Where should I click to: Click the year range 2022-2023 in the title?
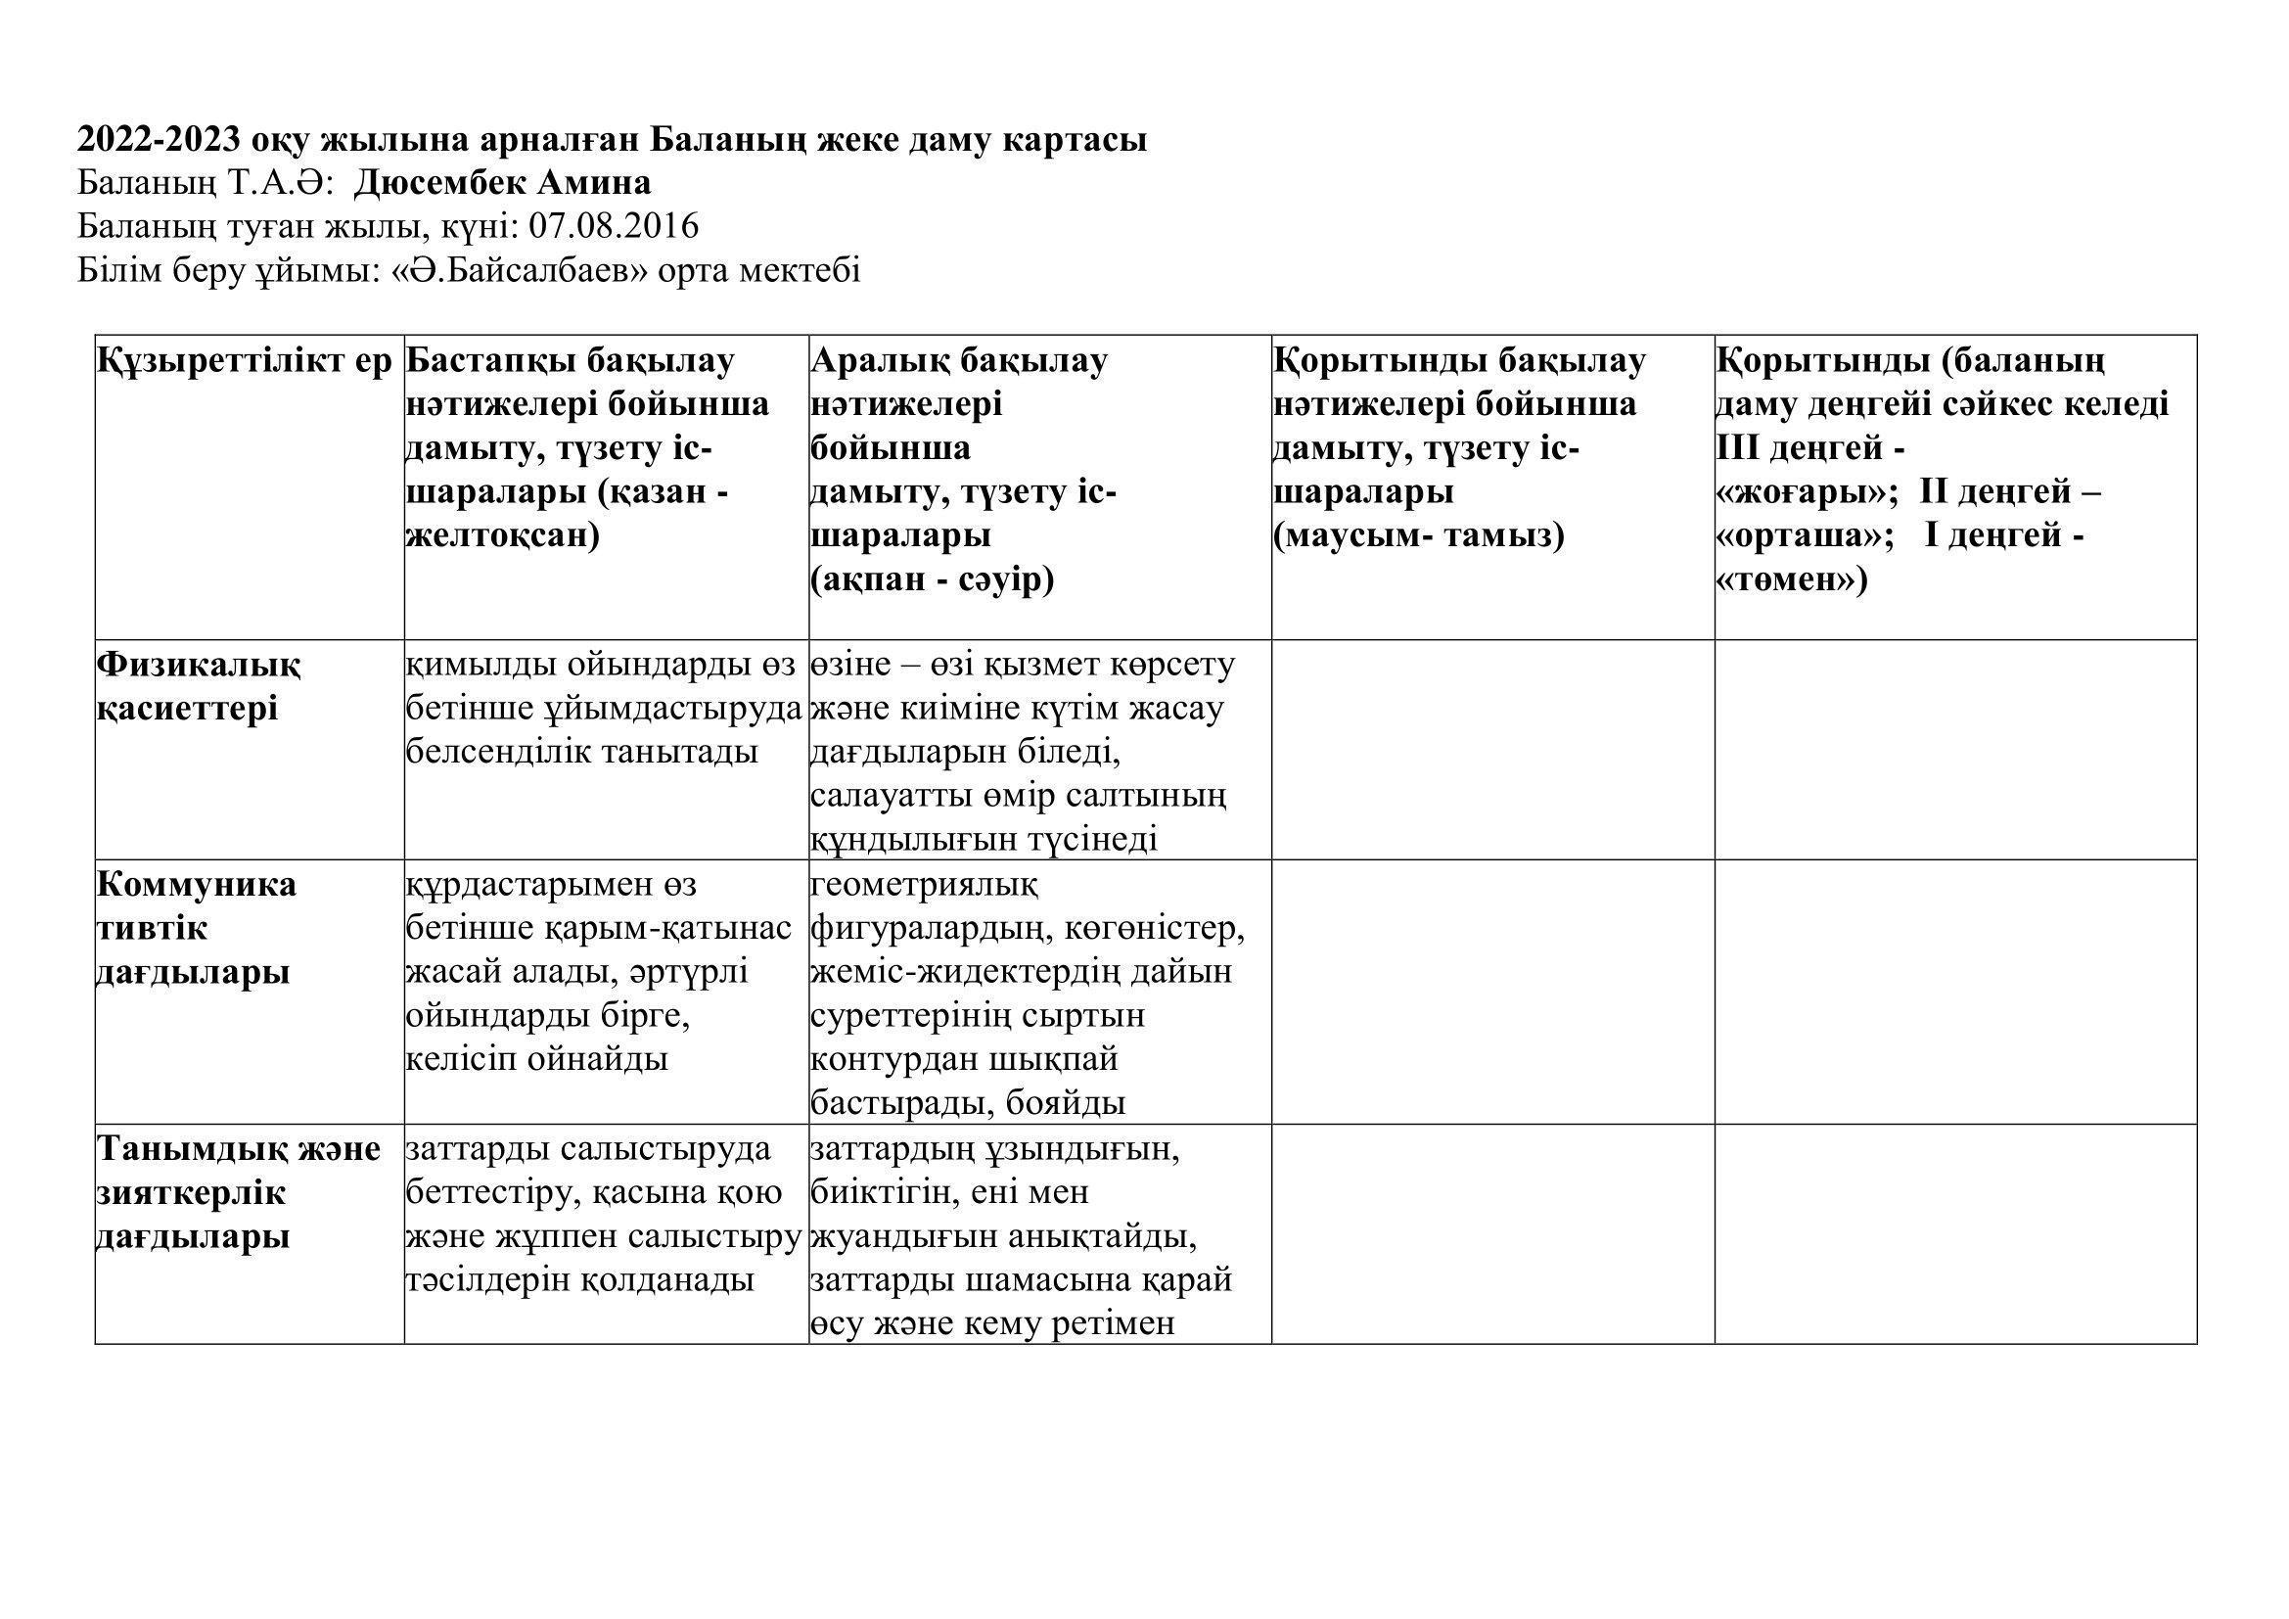coord(159,140)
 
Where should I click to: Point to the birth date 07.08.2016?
coord(614,226)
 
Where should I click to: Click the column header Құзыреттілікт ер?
coord(246,361)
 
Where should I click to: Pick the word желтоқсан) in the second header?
coord(502,536)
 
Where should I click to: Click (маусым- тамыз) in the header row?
coord(1419,536)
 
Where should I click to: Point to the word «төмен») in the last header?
coord(1791,580)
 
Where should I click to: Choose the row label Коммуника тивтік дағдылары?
coord(196,928)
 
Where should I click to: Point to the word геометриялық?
coord(924,884)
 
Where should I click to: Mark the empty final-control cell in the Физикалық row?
coord(1492,750)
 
